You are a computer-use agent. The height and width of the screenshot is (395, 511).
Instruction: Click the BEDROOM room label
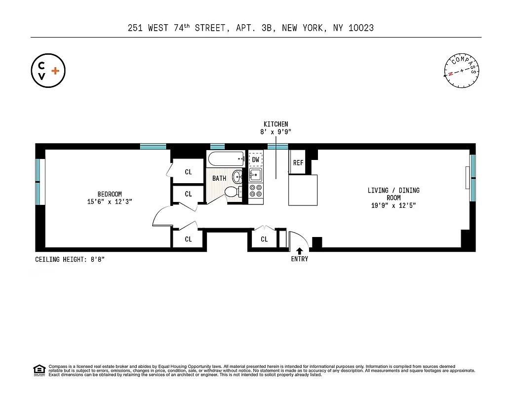[x=109, y=194]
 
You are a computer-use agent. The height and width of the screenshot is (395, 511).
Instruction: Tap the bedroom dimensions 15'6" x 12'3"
[x=109, y=201]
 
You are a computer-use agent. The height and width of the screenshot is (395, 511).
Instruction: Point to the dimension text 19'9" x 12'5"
[x=393, y=205]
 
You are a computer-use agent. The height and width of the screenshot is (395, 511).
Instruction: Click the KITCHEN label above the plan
[x=275, y=124]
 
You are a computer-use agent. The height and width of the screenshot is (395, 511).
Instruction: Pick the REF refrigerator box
[x=298, y=162]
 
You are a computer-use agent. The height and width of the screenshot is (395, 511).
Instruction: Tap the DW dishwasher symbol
[x=256, y=159]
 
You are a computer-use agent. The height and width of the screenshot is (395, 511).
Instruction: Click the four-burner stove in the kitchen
[x=256, y=194]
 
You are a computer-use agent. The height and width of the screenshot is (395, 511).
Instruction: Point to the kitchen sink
[x=255, y=175]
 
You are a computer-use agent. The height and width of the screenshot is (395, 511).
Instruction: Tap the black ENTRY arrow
[x=299, y=251]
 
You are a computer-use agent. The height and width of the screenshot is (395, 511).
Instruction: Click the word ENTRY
[x=299, y=259]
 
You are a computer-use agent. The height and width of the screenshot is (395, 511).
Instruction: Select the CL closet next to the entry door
[x=264, y=239]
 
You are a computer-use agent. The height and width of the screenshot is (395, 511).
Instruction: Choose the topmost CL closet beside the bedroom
[x=188, y=172]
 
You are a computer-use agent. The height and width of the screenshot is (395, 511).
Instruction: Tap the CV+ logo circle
[x=48, y=71]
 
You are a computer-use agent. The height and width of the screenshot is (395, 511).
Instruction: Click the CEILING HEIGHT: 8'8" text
[x=70, y=259]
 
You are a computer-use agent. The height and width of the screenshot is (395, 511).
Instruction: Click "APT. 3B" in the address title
[x=253, y=28]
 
